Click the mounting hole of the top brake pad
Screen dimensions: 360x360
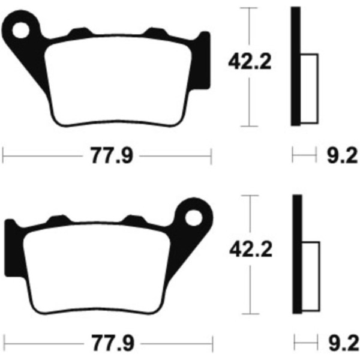[x=21, y=30]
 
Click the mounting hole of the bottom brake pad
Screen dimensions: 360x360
[x=194, y=218]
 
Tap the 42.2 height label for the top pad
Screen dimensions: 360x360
[x=250, y=62]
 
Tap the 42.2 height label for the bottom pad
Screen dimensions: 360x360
[x=251, y=250]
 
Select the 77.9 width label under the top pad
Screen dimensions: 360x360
[x=112, y=155]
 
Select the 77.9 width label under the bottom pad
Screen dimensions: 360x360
[x=113, y=343]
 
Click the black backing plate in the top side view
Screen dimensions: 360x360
[x=296, y=67]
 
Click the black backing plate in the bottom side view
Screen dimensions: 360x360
[x=298, y=254]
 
